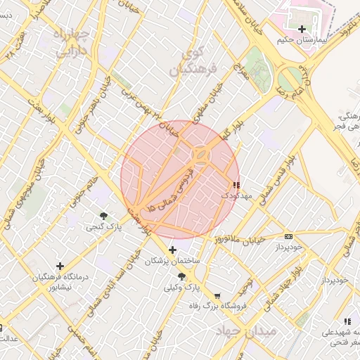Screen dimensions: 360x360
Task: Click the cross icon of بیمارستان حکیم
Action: coord(302,29)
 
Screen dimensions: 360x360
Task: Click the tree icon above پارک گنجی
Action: coord(104,216)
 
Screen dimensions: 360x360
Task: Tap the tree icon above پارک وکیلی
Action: coord(182,277)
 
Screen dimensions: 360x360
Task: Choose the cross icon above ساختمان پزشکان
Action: coord(173,250)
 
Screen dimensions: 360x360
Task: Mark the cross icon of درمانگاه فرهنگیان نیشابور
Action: coord(60,266)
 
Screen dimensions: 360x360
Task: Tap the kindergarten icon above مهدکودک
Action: coord(235,185)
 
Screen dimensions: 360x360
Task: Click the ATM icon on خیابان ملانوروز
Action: coord(288,236)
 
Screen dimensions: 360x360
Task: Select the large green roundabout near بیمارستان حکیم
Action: coord(289,77)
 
